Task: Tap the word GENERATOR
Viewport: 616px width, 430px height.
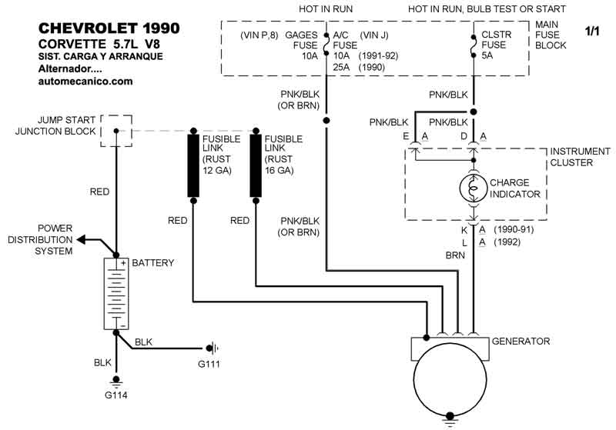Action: click(522, 341)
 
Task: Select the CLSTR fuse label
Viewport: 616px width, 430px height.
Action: click(497, 35)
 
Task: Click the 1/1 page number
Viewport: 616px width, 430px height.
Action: click(592, 32)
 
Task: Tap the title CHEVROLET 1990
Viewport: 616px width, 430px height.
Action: click(109, 28)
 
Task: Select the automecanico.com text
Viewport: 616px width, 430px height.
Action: click(85, 81)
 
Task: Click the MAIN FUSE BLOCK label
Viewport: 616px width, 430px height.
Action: click(551, 35)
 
